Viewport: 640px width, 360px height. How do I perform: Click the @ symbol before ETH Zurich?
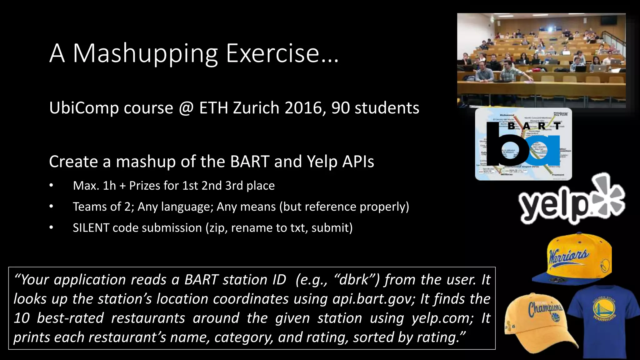tap(186, 108)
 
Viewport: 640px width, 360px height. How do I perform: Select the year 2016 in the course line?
tap(305, 108)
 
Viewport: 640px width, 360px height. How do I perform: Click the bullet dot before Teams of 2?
tap(51, 207)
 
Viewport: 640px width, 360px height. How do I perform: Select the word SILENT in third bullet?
tap(91, 228)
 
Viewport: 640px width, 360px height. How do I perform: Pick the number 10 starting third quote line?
tap(22, 318)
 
